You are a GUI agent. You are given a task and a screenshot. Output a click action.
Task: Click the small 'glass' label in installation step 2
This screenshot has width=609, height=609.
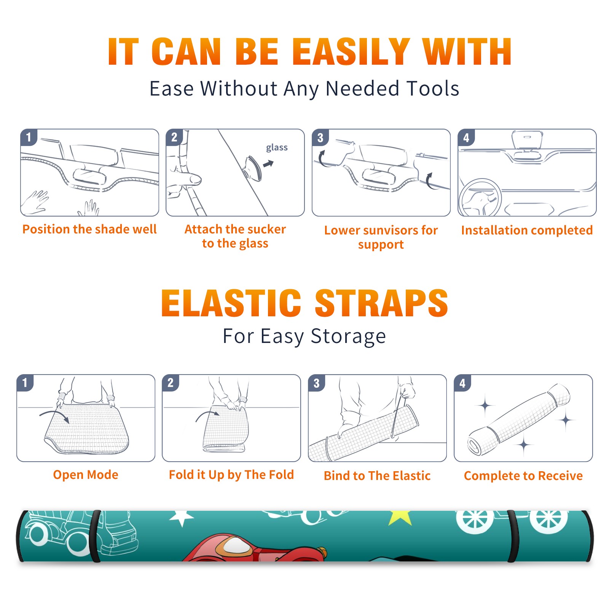pos(277,148)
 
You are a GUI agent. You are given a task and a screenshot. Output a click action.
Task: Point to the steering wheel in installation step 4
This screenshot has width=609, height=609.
pos(480,197)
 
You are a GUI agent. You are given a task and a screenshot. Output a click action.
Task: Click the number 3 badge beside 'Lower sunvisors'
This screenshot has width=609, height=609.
pos(320,137)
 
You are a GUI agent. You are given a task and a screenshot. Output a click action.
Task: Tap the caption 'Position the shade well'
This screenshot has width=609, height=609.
pos(89,229)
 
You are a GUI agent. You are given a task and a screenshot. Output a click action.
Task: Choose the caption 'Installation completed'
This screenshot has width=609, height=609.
pos(527,230)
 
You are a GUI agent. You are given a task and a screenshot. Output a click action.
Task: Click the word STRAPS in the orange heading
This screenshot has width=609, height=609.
pos(381,303)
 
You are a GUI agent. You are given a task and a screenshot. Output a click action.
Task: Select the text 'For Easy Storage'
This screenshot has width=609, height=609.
pos(304,336)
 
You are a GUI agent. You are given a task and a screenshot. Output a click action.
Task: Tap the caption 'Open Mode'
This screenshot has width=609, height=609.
pos(86,475)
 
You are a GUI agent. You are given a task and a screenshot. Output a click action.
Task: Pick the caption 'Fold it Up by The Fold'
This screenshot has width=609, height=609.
pos(231,475)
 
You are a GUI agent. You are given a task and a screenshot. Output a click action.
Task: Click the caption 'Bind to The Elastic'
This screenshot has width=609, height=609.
pos(377,475)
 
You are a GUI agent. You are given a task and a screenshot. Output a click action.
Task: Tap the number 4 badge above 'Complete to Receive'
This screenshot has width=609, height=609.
pos(462,383)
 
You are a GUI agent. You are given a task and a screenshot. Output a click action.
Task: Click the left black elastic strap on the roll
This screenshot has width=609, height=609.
pos(96,536)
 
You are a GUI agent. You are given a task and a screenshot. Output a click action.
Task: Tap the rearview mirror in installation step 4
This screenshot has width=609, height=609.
pos(527,140)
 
